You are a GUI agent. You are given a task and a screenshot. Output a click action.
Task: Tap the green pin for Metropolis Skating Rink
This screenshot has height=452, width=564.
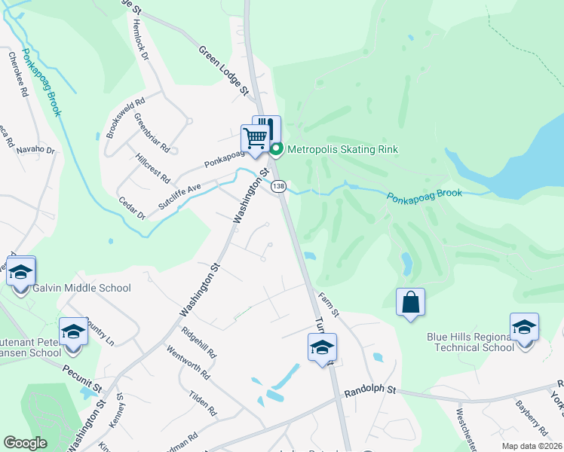point(276,149)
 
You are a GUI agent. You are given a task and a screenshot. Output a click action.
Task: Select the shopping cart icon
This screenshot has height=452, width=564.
point(255,139)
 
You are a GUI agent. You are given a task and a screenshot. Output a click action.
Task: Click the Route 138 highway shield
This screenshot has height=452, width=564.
point(279,186)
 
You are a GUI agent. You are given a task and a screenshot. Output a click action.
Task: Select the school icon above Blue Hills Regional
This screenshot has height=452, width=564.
point(524,328)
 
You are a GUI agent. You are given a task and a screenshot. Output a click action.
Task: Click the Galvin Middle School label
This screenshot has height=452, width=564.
point(82,288)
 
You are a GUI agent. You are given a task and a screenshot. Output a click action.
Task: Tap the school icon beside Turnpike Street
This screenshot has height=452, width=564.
point(322,348)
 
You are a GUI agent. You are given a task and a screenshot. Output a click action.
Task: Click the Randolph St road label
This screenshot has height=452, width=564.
point(370,392)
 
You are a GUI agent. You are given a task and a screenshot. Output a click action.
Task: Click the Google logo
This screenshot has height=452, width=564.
point(25,443)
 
